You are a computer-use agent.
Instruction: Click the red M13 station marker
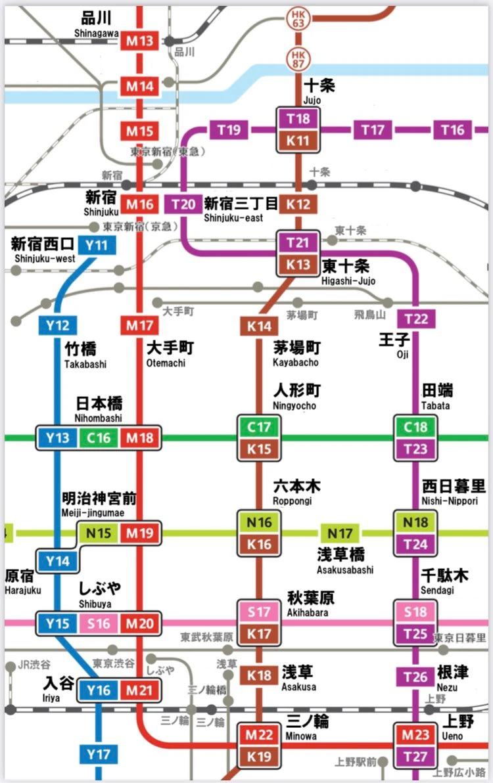tap(139, 41)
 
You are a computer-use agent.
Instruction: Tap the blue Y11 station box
tap(97, 246)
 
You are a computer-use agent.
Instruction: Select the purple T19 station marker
tap(229, 130)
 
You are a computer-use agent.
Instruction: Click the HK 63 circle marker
tap(298, 18)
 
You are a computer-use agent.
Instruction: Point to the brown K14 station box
tap(259, 326)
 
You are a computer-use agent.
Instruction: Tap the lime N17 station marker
tap(340, 533)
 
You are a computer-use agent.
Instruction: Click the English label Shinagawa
tap(96, 34)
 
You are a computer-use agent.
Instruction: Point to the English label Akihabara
tap(307, 613)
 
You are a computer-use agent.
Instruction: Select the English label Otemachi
tap(166, 363)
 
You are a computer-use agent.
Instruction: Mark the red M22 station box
tap(260, 735)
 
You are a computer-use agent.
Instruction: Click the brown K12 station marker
tap(298, 204)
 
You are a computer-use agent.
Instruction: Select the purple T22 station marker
tap(416, 319)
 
